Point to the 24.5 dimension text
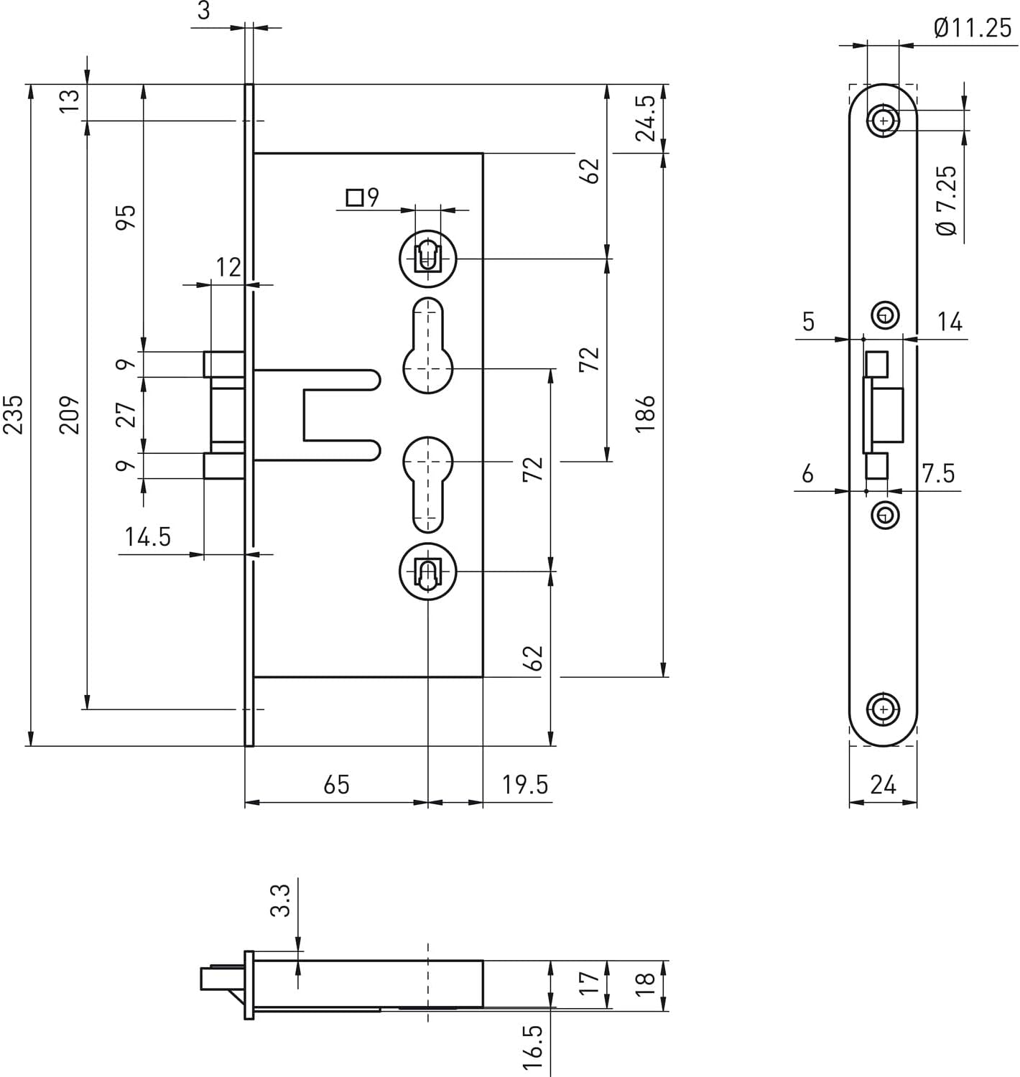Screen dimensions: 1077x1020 pyautogui.click(x=645, y=118)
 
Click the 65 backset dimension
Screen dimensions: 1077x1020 pyautogui.click(x=336, y=784)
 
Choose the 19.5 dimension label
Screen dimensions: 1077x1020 pyautogui.click(x=525, y=784)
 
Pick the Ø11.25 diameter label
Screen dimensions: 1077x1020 pyautogui.click(x=973, y=28)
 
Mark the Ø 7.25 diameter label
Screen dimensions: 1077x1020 pyautogui.click(x=947, y=200)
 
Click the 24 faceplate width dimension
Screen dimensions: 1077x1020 pyautogui.click(x=883, y=784)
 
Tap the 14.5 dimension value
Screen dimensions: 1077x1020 pyautogui.click(x=148, y=536)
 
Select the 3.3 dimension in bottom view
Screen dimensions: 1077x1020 pyautogui.click(x=280, y=900)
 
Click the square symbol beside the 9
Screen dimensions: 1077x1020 pyautogui.click(x=354, y=197)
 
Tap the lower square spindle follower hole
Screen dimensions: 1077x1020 pyautogui.click(x=428, y=572)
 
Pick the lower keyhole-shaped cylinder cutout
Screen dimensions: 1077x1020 pyautogui.click(x=428, y=481)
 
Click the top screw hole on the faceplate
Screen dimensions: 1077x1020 pyautogui.click(x=884, y=121)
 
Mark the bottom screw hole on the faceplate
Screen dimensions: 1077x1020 pyautogui.click(x=884, y=709)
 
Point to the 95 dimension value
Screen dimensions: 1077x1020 pyautogui.click(x=125, y=217)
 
